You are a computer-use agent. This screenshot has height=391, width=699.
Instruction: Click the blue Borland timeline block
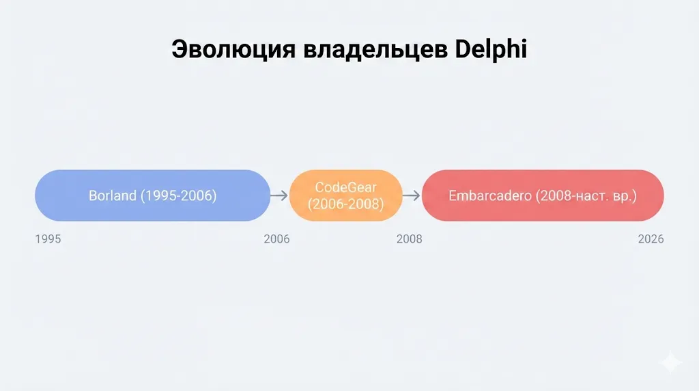[x=152, y=195]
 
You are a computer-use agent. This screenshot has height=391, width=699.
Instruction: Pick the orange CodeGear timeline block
[x=345, y=195]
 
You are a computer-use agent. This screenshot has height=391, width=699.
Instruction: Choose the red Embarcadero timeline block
[x=543, y=195]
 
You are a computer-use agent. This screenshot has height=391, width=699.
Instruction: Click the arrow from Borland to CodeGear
[x=279, y=195]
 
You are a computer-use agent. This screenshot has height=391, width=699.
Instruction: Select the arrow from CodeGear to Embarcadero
[x=411, y=195]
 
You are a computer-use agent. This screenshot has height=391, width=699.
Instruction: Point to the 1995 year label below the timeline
[x=48, y=239]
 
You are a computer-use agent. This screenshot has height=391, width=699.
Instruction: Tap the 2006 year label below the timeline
[x=276, y=239]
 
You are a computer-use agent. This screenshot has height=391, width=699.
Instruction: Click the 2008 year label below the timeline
[x=409, y=239]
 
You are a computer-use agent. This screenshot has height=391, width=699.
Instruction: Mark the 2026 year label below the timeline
[x=651, y=239]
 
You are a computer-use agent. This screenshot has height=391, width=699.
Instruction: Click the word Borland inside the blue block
[x=113, y=196]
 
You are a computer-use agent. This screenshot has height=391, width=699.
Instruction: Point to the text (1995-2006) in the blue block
[x=179, y=196]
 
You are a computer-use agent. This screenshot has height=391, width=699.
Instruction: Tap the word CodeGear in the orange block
[x=345, y=187]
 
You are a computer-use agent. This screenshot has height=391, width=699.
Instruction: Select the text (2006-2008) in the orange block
[x=345, y=204]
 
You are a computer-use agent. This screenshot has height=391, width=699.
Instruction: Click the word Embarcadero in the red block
[x=489, y=196]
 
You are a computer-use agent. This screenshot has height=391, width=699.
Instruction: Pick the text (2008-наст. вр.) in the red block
[x=586, y=196]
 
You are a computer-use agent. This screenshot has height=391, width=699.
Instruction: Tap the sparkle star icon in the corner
[x=671, y=363]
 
